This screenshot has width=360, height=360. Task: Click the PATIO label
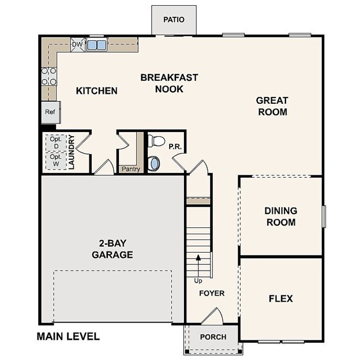pyautogui.click(x=174, y=20)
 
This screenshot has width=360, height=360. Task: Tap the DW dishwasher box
pyautogui.click(x=77, y=44)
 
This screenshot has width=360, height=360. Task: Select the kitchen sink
pyautogui.click(x=96, y=44)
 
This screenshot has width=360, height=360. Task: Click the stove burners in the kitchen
pyautogui.click(x=48, y=76)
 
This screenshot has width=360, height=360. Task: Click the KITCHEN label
pyautogui.click(x=97, y=91)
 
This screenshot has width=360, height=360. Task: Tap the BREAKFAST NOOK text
pyautogui.click(x=169, y=83)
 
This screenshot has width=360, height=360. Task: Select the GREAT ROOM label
pyautogui.click(x=272, y=106)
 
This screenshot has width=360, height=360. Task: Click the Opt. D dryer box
pyautogui.click(x=55, y=142)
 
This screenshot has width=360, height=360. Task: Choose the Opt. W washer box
pyautogui.click(x=55, y=160)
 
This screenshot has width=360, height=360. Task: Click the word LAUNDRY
pyautogui.click(x=72, y=152)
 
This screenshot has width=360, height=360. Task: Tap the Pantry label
pyautogui.click(x=130, y=169)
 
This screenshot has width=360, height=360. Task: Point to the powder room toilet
pyautogui.click(x=156, y=141)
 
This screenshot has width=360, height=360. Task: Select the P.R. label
pyautogui.click(x=175, y=147)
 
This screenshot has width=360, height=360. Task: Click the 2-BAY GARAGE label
pyautogui.click(x=112, y=249)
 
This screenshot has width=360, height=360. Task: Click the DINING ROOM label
pyautogui.click(x=281, y=216)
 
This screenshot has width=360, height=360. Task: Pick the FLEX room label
pyautogui.click(x=280, y=298)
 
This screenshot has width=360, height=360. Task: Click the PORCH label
pyautogui.click(x=213, y=337)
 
